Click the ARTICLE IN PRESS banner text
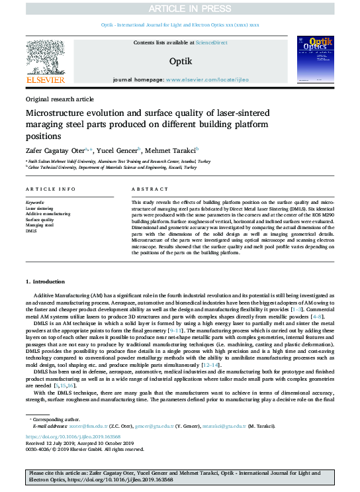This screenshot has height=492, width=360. (180, 8)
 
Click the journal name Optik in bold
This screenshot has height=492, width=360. (180, 61)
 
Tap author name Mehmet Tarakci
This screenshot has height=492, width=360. (176, 150)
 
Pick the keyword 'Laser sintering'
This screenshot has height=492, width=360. (40, 209)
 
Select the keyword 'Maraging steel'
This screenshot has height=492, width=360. (40, 224)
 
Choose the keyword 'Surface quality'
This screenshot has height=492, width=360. (40, 219)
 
